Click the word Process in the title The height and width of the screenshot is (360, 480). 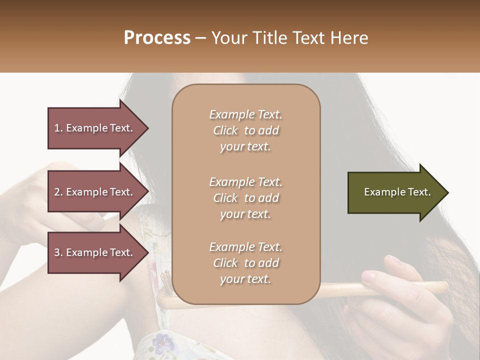click(157, 38)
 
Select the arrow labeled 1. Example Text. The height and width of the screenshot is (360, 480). click(95, 128)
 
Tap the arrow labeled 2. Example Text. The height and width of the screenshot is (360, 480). click(95, 192)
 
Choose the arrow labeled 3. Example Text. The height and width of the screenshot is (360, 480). click(95, 252)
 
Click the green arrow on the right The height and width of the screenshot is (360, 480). click(395, 192)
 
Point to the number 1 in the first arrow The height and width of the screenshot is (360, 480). click(57, 128)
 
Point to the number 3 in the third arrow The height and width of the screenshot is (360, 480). click(57, 252)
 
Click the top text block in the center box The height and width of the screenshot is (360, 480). click(245, 130)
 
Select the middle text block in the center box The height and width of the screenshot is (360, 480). click(245, 198)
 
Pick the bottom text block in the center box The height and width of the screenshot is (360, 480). click(245, 263)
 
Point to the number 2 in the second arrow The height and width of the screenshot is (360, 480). click(57, 192)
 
